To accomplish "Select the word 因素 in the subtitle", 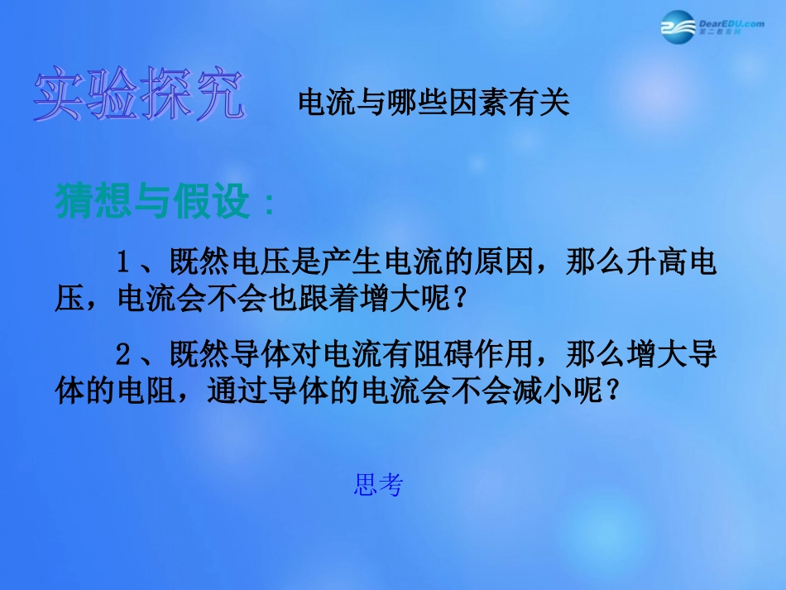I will click(x=481, y=103).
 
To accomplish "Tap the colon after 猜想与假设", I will click(x=266, y=203).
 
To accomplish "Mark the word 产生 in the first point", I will click(x=356, y=263).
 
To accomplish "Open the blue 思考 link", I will click(x=378, y=486).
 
